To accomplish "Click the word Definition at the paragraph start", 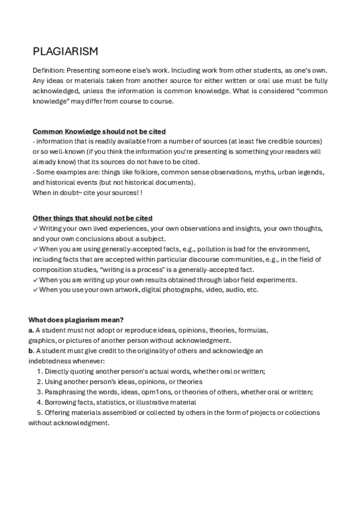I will [x=47, y=70].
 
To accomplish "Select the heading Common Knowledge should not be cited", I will [x=99, y=131].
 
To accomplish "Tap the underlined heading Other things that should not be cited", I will [x=92, y=218].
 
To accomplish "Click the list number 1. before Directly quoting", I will [x=40, y=371].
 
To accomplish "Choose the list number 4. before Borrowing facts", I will [x=40, y=402].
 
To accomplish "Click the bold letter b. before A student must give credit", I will [x=31, y=351].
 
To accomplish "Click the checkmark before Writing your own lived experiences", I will [x=35, y=229].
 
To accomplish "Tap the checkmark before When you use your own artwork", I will [x=35, y=290].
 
